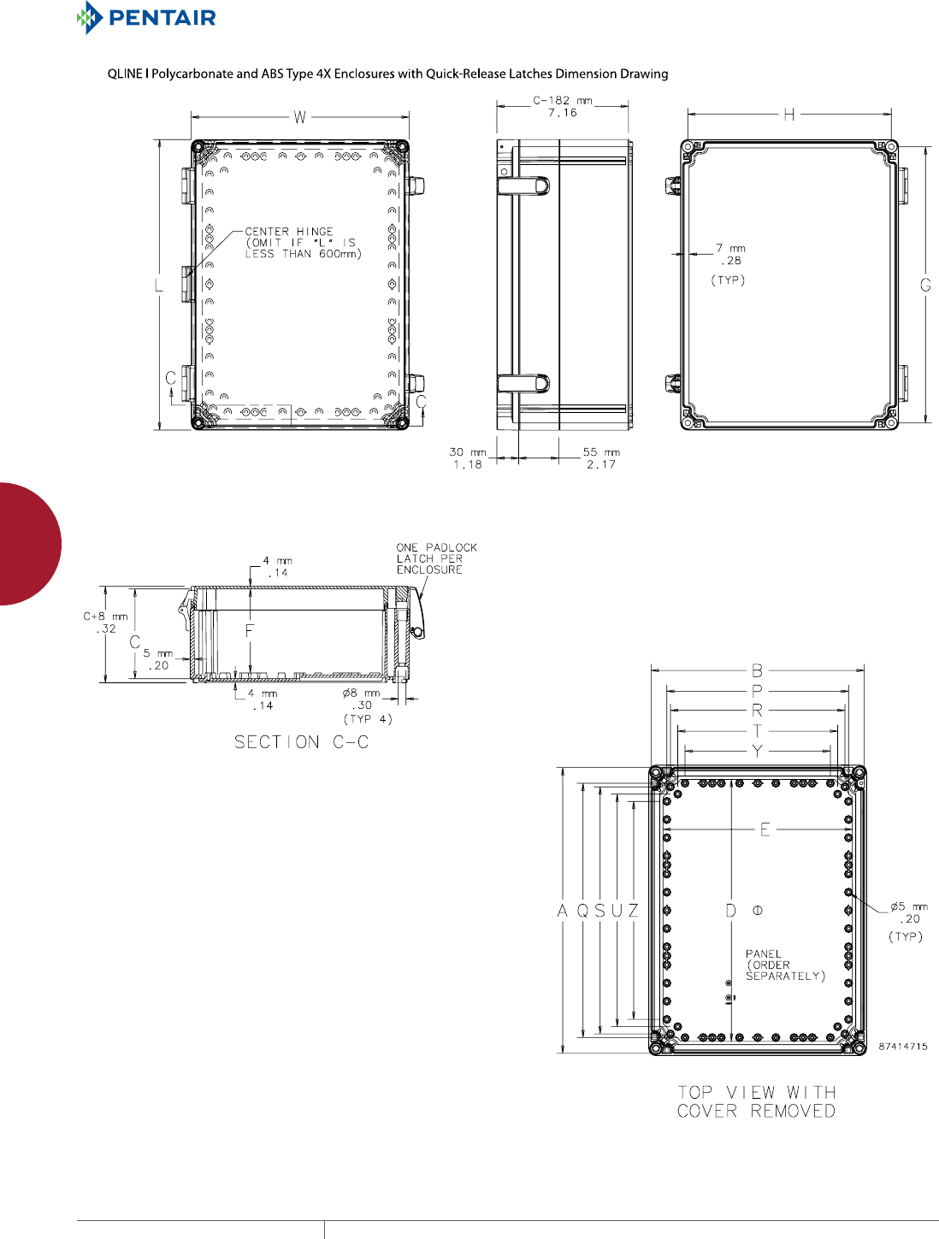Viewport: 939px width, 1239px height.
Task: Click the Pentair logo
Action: coord(146,17)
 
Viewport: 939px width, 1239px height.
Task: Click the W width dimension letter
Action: coord(299,117)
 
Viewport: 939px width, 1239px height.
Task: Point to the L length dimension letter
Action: coord(158,285)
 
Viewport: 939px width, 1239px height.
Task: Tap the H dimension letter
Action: coord(788,115)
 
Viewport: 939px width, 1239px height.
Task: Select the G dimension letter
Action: coord(925,285)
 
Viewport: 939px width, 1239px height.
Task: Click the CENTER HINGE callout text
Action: coord(303,243)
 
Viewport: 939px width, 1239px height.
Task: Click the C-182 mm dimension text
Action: coord(563,106)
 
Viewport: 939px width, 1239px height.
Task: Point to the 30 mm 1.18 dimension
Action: coord(467,458)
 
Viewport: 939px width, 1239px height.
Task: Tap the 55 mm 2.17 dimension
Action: coord(601,458)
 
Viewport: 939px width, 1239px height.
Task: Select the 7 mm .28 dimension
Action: coord(730,254)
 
